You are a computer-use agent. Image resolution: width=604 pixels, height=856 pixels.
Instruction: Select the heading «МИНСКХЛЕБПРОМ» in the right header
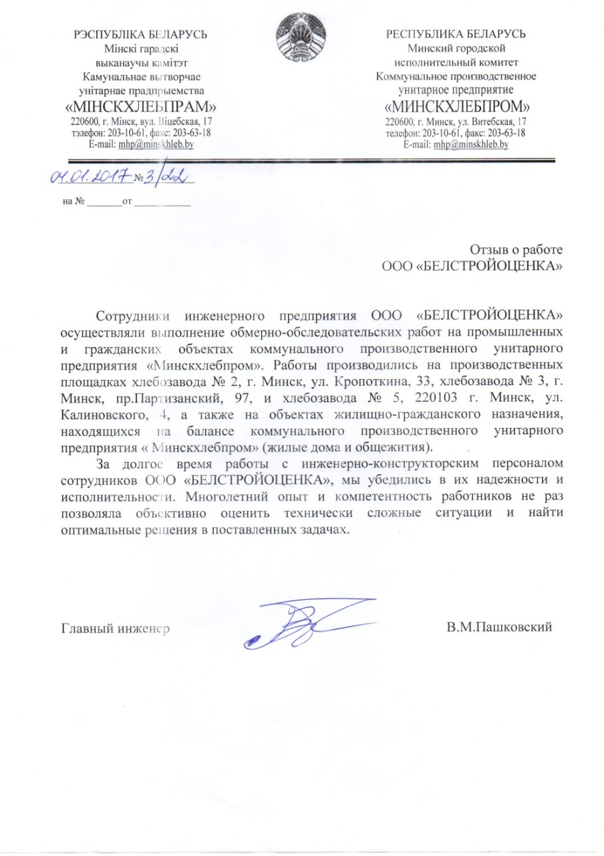click(458, 107)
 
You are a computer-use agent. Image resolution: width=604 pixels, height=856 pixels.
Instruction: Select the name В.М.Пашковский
click(500, 628)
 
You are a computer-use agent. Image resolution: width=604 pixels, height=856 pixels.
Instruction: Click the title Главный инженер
click(114, 629)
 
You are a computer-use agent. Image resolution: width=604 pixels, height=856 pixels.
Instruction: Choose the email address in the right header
click(472, 144)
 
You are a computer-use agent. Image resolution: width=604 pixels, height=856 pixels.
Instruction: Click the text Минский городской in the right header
click(456, 47)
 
